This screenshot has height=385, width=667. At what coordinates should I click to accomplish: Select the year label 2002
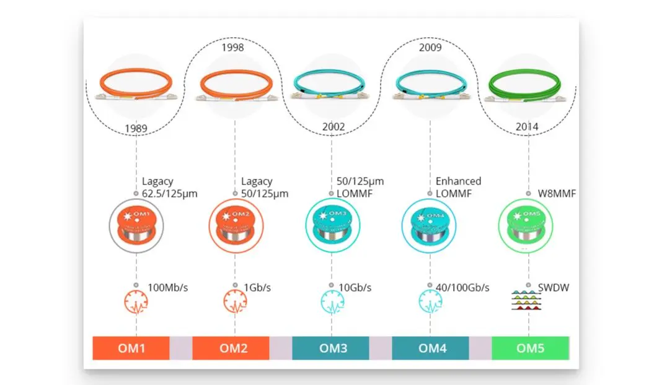(x=333, y=128)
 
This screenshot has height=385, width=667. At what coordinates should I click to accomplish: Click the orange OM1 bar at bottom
(x=131, y=348)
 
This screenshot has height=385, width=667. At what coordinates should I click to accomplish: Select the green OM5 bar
(x=530, y=348)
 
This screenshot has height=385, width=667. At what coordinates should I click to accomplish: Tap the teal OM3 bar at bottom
(x=331, y=348)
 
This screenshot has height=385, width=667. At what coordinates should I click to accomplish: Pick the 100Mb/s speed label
(x=167, y=287)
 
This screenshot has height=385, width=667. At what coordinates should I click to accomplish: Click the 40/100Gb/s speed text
(x=462, y=287)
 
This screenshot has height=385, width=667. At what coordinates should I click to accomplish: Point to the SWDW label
(x=553, y=287)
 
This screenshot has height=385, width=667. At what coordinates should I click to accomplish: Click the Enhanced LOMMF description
(x=458, y=187)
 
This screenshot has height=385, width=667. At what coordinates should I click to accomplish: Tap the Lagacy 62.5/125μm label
(x=169, y=187)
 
